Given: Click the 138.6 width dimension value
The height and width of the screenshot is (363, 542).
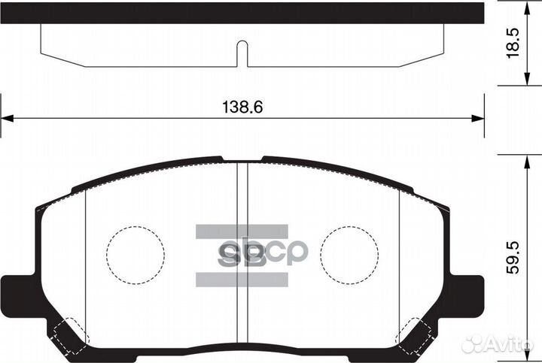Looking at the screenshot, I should click(x=242, y=107).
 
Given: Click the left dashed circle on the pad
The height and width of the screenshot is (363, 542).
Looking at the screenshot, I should click(x=135, y=254).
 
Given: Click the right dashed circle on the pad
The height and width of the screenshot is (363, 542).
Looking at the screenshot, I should click(x=349, y=254).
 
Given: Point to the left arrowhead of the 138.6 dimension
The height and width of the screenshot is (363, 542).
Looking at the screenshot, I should click(x=6, y=117).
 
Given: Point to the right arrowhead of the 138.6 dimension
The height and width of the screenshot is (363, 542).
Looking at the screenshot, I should click(x=477, y=117).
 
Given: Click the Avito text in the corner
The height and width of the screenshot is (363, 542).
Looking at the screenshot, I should click(x=510, y=344).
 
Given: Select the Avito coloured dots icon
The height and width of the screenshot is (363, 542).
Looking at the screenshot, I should click(x=473, y=344).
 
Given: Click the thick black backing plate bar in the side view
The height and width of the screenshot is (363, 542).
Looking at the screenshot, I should click(x=242, y=12).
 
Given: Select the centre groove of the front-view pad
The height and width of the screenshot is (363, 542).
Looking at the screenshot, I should click(x=242, y=256).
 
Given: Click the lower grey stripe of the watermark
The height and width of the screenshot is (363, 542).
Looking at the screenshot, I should click(x=242, y=279).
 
